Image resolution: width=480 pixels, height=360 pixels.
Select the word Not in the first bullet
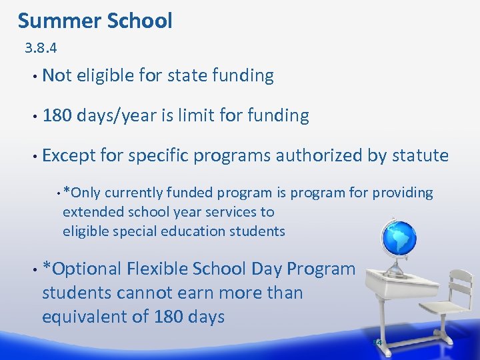(x=57, y=76)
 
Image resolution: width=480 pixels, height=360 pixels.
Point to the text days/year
(x=117, y=116)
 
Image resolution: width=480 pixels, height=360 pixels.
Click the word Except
(x=69, y=156)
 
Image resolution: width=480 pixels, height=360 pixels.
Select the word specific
(x=158, y=156)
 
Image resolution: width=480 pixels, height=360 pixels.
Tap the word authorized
(x=319, y=156)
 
